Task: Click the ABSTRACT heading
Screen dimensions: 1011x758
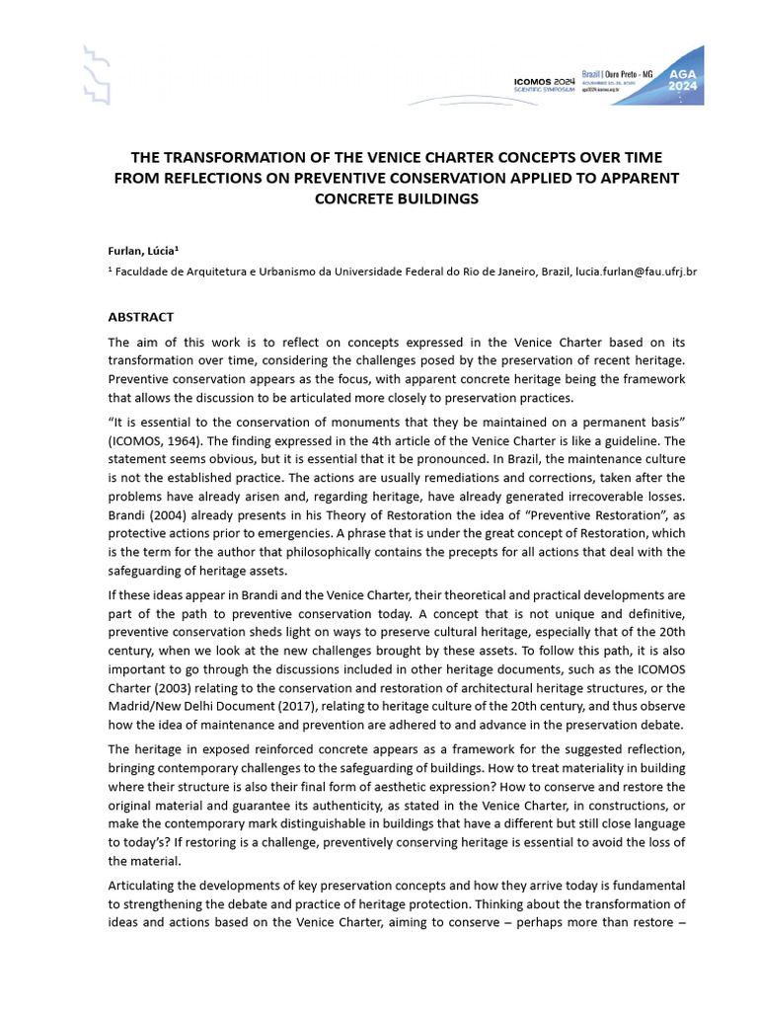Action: [x=140, y=317]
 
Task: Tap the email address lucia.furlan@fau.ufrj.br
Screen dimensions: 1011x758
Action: [x=620, y=271]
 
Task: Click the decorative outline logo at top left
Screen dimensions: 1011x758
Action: [x=95, y=75]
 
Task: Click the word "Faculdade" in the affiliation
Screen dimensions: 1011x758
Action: [x=146, y=271]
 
